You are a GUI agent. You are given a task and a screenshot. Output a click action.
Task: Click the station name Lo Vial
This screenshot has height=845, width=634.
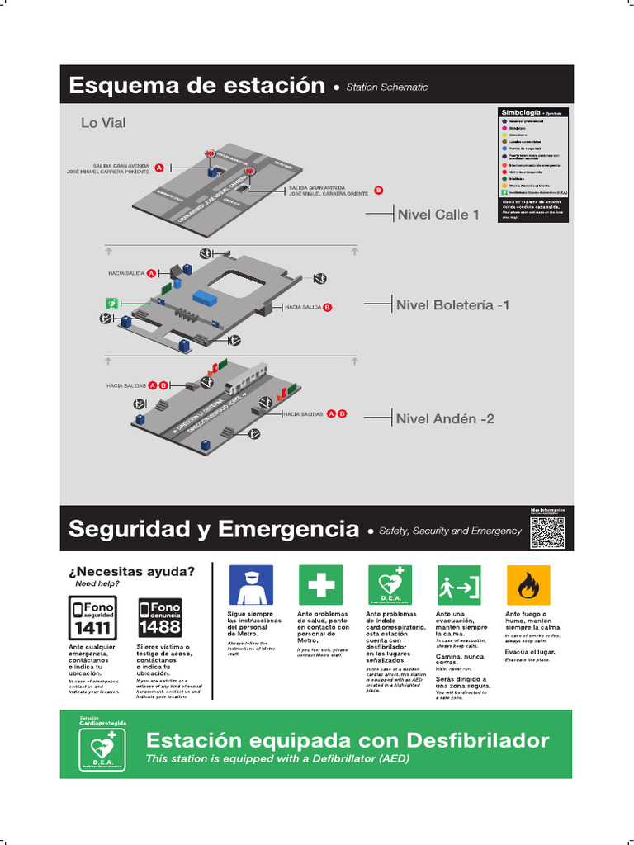tap(103, 123)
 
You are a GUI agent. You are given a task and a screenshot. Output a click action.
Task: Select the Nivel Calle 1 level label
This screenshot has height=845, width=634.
tap(438, 215)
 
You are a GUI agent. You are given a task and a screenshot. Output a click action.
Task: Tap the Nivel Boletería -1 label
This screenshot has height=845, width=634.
tap(452, 305)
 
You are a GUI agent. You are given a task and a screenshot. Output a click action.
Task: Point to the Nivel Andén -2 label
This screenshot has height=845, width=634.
tap(445, 418)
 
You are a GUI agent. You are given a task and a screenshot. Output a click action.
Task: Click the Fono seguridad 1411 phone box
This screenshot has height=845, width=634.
tap(92, 617)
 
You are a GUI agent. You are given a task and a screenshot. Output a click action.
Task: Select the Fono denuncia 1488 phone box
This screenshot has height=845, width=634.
tap(159, 617)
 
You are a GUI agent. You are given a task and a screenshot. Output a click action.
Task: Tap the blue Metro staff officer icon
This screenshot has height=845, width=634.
tap(250, 585)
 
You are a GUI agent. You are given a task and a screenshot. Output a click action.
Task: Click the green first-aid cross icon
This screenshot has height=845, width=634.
tap(320, 585)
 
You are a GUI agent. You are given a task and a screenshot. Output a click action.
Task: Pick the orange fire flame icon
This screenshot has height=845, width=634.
tap(528, 585)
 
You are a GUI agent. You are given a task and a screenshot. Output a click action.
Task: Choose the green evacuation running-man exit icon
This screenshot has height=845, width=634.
tap(458, 585)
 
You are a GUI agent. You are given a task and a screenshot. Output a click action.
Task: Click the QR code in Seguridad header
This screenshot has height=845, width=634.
tap(547, 531)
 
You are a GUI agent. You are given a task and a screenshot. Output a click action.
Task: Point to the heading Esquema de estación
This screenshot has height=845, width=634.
tap(196, 85)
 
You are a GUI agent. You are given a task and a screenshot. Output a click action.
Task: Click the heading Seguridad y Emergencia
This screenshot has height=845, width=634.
tap(214, 529)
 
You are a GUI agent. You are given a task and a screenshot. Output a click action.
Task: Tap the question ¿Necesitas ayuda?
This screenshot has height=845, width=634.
tap(132, 571)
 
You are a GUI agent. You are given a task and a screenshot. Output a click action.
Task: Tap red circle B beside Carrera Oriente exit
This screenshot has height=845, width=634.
tap(379, 190)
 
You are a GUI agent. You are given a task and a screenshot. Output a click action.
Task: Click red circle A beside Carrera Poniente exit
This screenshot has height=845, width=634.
tap(159, 168)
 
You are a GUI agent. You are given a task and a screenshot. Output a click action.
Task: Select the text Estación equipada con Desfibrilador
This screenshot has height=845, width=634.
tap(347, 739)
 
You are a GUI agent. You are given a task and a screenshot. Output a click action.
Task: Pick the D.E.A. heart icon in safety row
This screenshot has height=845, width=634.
tap(389, 585)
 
